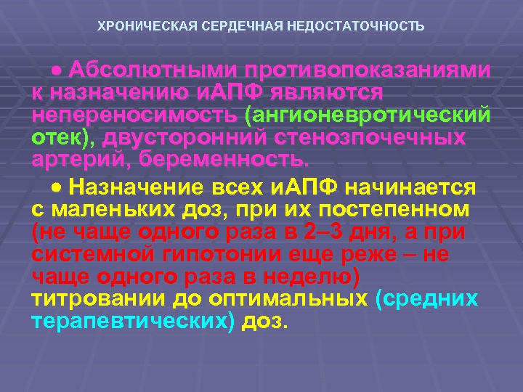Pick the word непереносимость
click(x=135, y=115)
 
